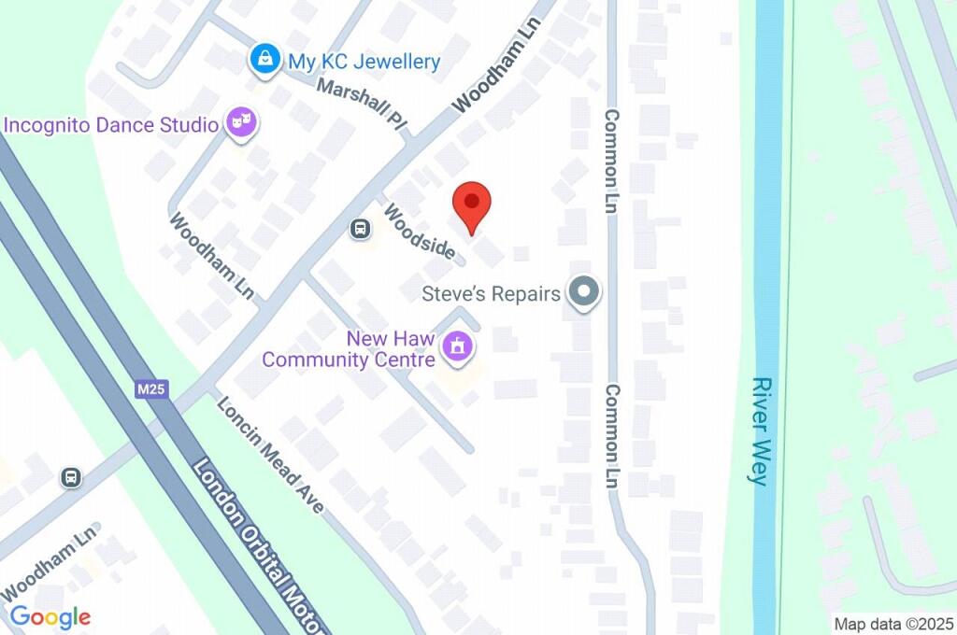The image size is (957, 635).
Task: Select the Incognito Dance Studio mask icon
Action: pos(242,123)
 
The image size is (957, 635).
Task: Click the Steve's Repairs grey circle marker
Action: pos(585,293)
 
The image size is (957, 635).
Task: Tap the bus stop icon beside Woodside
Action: pos(359,229)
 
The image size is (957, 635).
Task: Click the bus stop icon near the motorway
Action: pos(71,477)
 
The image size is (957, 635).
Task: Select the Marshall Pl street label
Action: pos(362,106)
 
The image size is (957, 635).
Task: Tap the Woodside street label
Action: pos(420,232)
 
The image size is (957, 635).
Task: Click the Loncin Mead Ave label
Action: pos(270,454)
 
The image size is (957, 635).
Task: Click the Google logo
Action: pos(50,616)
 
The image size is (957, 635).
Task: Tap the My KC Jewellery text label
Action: pos(364,62)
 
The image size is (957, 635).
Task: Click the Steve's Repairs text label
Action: pos(491,293)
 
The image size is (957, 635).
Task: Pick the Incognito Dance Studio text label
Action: pos(111,124)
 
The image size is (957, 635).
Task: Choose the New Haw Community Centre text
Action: pos(349,349)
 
